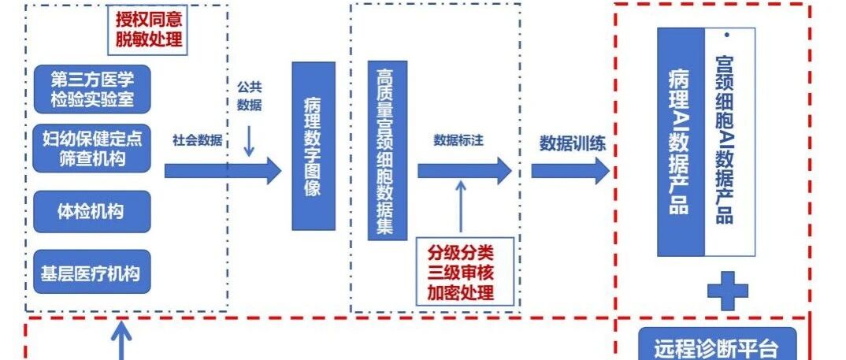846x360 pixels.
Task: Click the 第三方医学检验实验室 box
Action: tap(91, 89)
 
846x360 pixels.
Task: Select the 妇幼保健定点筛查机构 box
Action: tap(91, 148)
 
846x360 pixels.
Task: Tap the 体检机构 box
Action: tap(91, 211)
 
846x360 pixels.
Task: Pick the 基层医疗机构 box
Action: tap(91, 273)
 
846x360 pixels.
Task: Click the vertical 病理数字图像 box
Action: tap(313, 146)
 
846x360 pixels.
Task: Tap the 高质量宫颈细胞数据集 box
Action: tap(388, 150)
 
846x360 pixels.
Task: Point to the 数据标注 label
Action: tap(458, 140)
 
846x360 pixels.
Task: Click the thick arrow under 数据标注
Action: tap(464, 170)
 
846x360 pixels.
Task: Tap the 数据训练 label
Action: tap(572, 143)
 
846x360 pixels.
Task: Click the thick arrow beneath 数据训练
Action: tap(570, 170)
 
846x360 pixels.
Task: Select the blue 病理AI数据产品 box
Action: tap(681, 142)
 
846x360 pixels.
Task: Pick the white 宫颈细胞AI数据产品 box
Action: tap(729, 142)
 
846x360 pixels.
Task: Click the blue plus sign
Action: tap(727, 291)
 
